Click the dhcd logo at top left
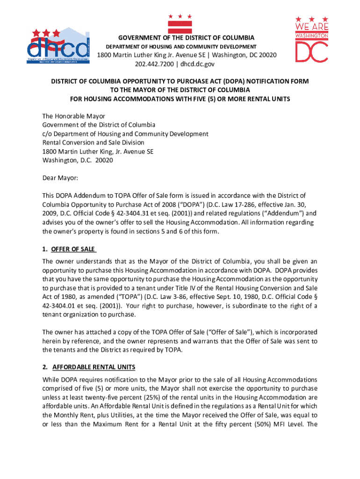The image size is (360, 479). click(58, 47)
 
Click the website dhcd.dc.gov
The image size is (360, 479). click(201, 64)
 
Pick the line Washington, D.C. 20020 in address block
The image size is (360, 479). click(77, 160)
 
